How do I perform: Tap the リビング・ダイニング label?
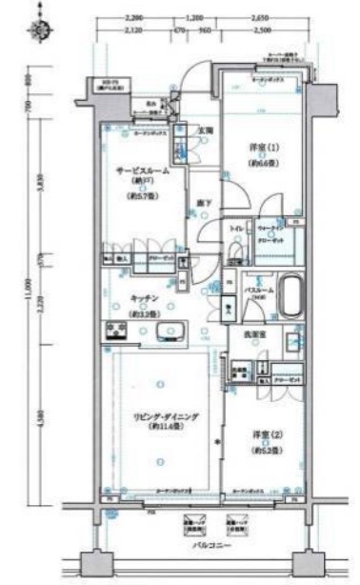153,415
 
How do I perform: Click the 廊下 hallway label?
204,203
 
